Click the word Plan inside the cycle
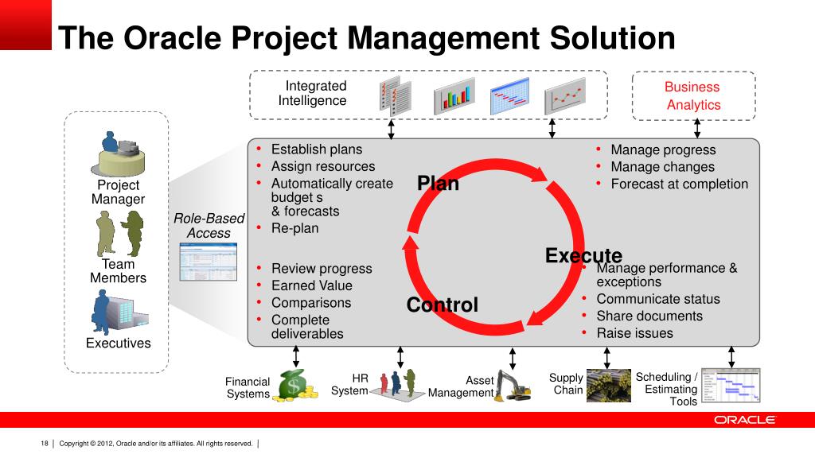(x=438, y=184)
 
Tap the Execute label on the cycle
(x=583, y=256)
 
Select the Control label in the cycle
(x=442, y=305)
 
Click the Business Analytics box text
(x=692, y=96)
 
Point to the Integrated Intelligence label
(x=314, y=93)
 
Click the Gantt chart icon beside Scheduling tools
(x=731, y=386)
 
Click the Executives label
(x=118, y=343)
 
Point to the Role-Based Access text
(x=209, y=226)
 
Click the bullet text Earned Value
(x=311, y=285)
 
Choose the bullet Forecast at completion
(x=679, y=184)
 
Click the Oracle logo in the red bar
(x=744, y=420)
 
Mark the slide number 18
(x=45, y=443)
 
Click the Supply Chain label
(x=567, y=384)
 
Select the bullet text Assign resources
(x=322, y=167)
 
